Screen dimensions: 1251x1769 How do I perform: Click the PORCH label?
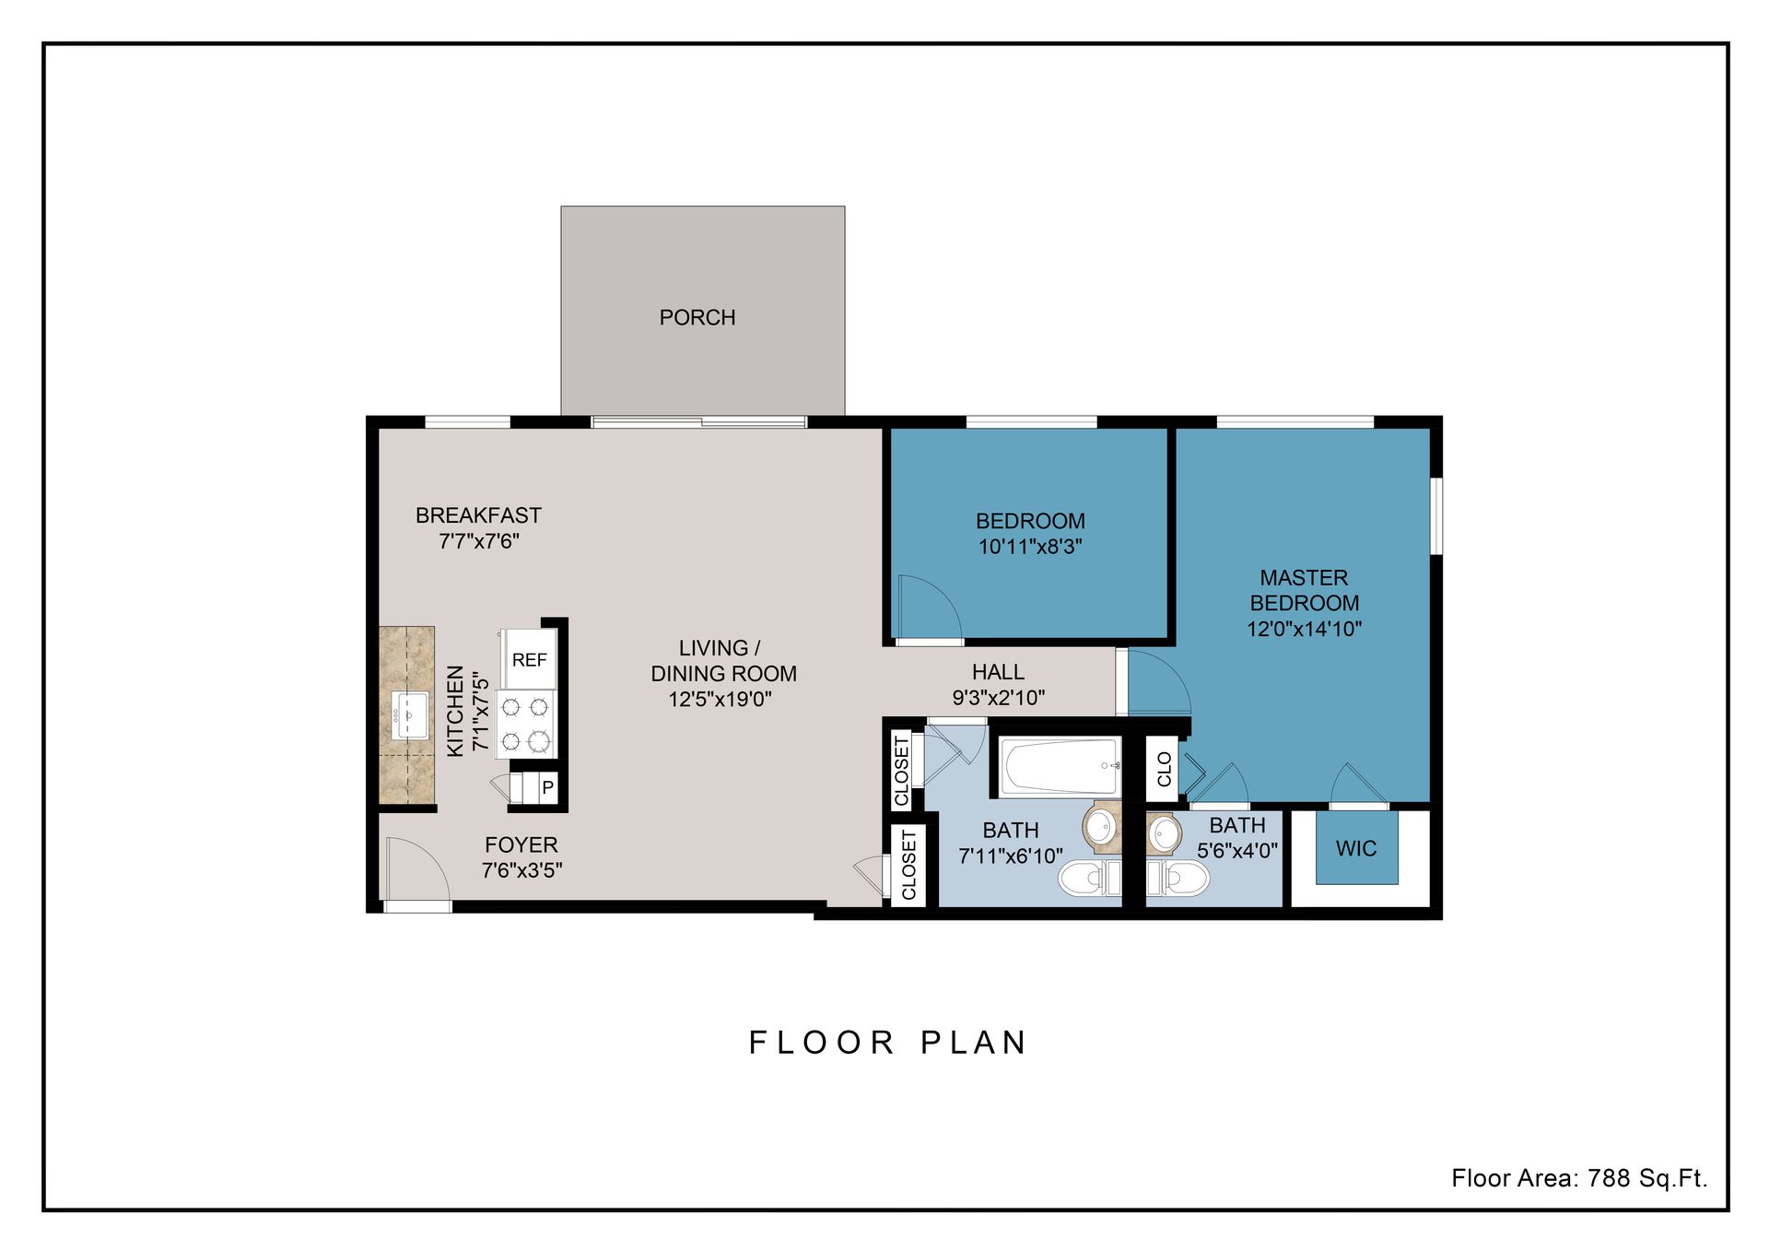point(697,317)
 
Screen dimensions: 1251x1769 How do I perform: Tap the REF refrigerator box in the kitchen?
point(529,660)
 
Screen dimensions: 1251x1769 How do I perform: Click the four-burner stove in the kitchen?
point(525,724)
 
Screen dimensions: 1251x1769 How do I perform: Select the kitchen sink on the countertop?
point(409,714)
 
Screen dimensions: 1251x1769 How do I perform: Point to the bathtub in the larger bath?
point(1060,765)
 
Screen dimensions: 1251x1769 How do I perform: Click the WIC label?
point(1355,848)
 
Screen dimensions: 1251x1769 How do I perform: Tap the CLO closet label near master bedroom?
point(1164,769)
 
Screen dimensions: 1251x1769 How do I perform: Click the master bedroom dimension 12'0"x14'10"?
point(1304,629)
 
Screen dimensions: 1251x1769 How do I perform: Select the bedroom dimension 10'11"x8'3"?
point(1029,547)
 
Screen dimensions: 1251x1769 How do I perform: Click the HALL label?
point(998,672)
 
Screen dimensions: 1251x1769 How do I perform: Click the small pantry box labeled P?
point(547,788)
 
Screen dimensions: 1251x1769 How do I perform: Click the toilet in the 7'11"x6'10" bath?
point(1087,878)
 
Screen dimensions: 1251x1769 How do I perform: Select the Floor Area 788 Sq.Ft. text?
point(1578,1178)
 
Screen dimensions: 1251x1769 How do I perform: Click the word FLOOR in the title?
point(821,1043)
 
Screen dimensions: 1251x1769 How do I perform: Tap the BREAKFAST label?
point(478,515)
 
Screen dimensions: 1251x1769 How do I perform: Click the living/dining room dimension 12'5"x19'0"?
point(720,699)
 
